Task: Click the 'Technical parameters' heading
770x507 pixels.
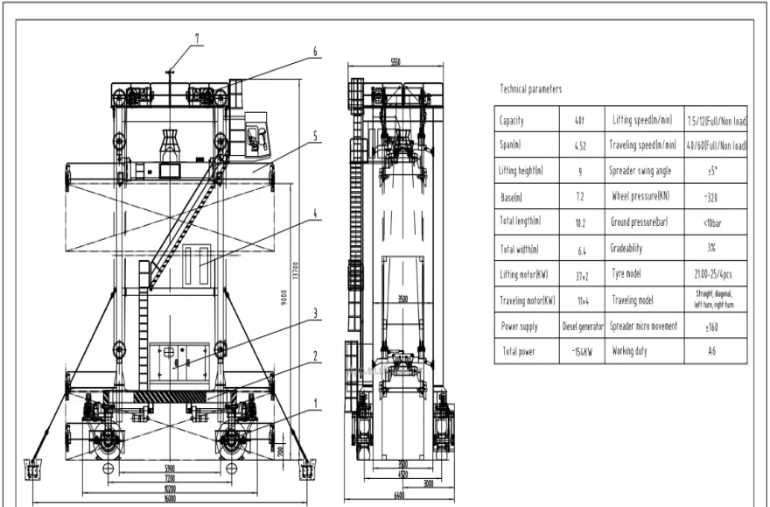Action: [531, 89]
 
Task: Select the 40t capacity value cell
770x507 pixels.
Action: [581, 120]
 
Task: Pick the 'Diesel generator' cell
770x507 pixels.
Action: [581, 325]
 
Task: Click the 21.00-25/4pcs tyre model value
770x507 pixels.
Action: [717, 274]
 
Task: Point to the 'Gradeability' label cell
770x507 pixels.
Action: [629, 249]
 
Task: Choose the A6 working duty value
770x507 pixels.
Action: [717, 351]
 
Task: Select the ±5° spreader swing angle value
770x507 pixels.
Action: [717, 172]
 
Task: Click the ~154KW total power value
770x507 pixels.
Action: [581, 351]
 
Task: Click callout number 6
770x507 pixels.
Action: [315, 52]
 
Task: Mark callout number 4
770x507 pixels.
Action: [314, 211]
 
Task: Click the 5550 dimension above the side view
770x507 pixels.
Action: [395, 61]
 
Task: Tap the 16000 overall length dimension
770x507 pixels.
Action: [171, 498]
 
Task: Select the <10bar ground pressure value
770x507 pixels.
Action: [717, 222]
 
